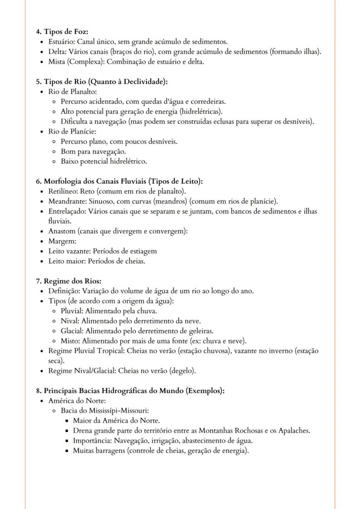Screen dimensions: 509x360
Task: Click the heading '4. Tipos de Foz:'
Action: [x=62, y=32]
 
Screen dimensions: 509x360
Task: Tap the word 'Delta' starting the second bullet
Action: [x=57, y=52]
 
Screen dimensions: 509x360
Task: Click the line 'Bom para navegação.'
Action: [x=93, y=151]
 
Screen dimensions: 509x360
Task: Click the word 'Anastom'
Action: [x=62, y=231]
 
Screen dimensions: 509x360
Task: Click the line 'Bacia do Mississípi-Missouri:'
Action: [x=105, y=410]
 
